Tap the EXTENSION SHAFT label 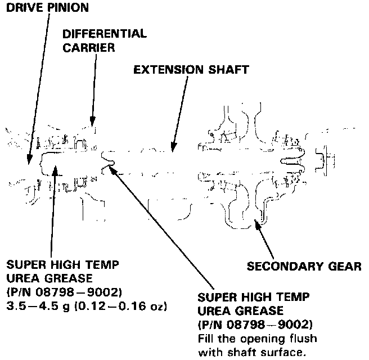coord(190,71)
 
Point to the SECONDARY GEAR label coord(305,265)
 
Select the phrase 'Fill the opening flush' coord(258,339)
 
